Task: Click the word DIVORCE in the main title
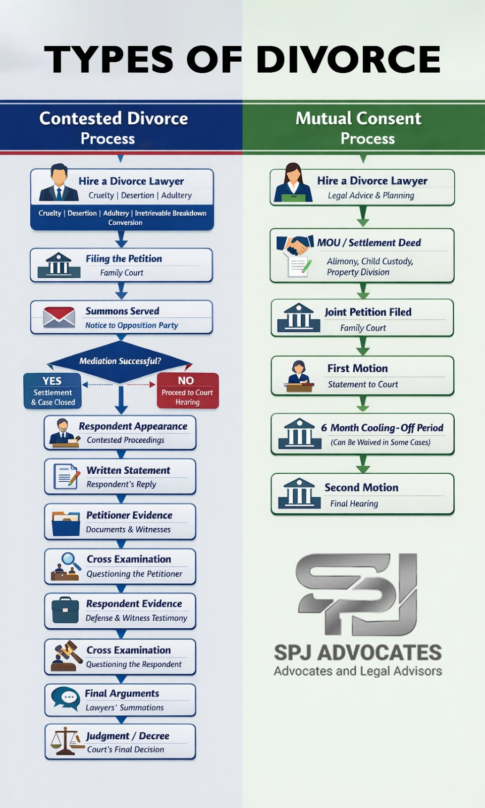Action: (348, 60)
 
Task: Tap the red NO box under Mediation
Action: (188, 390)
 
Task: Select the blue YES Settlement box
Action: (52, 390)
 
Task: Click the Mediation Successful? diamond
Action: (120, 361)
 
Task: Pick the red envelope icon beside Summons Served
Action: (59, 317)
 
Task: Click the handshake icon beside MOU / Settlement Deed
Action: (296, 244)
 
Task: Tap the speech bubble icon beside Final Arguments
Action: (65, 698)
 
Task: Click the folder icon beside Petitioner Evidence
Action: (65, 523)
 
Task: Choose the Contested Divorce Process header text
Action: (113, 128)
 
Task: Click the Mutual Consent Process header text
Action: (358, 128)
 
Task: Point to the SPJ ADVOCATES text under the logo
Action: (358, 652)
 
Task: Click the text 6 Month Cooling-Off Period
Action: (382, 428)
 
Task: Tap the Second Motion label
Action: (361, 487)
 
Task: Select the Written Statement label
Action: (128, 470)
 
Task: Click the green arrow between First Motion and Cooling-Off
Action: (363, 403)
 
